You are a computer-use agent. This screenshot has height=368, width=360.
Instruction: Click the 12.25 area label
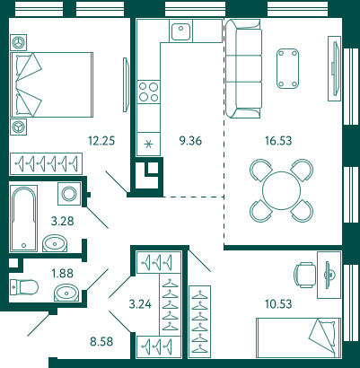pos(101,140)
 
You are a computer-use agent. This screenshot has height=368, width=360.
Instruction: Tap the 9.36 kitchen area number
pos(190,140)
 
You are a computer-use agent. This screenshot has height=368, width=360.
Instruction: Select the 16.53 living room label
pos(278,140)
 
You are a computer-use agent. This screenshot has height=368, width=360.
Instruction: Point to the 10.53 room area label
pos(278,304)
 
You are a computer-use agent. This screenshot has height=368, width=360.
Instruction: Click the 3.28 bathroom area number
pos(62,222)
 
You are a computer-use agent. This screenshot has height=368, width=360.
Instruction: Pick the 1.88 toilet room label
pos(62,273)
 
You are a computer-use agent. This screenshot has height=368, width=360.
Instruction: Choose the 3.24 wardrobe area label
pos(140,304)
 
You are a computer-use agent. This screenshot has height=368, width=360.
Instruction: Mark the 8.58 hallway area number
pos(101,341)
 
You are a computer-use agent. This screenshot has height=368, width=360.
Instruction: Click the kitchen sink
pos(180,31)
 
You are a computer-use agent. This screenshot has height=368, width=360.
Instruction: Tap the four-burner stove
pos(148,92)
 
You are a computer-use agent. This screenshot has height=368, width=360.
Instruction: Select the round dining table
pos(281,190)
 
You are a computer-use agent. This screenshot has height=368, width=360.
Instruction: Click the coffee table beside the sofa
pos(287,68)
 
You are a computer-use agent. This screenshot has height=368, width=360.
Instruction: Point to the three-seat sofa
pos(243,68)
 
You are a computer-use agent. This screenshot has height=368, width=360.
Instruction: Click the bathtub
pos(23,218)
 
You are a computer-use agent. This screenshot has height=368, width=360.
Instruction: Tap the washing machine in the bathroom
pos(69,194)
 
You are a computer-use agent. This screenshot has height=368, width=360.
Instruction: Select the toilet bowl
pos(24,287)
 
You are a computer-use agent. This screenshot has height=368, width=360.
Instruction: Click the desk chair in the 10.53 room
pos(305,275)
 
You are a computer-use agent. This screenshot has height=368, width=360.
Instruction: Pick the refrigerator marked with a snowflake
pos(148,145)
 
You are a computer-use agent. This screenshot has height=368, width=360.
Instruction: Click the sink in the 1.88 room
pos(66,293)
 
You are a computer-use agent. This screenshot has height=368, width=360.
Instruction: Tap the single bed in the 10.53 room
pos(298,337)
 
